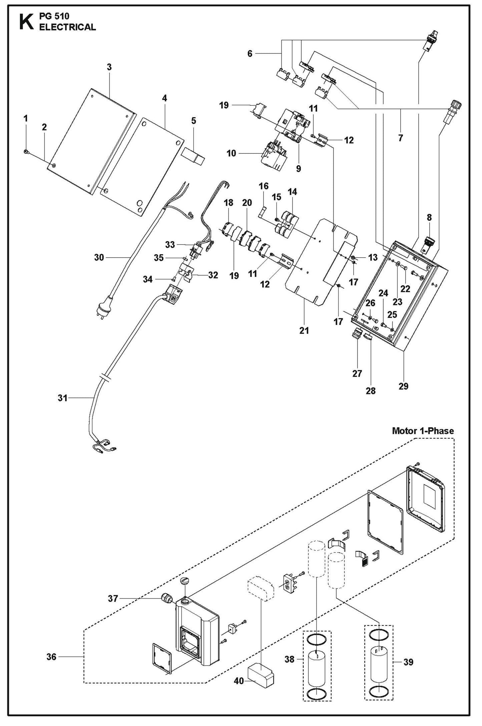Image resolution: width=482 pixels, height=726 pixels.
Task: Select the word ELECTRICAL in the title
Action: (x=67, y=27)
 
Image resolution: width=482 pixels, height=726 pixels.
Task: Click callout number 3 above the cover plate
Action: (x=109, y=67)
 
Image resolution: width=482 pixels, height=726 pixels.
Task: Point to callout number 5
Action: (x=193, y=121)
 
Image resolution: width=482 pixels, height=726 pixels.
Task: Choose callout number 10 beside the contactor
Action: (x=231, y=153)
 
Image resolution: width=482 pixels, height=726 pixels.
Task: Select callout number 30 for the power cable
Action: (x=99, y=257)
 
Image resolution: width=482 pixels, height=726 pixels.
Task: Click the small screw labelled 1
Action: (x=26, y=152)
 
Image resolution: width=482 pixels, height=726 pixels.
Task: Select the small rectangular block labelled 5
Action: (x=194, y=156)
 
